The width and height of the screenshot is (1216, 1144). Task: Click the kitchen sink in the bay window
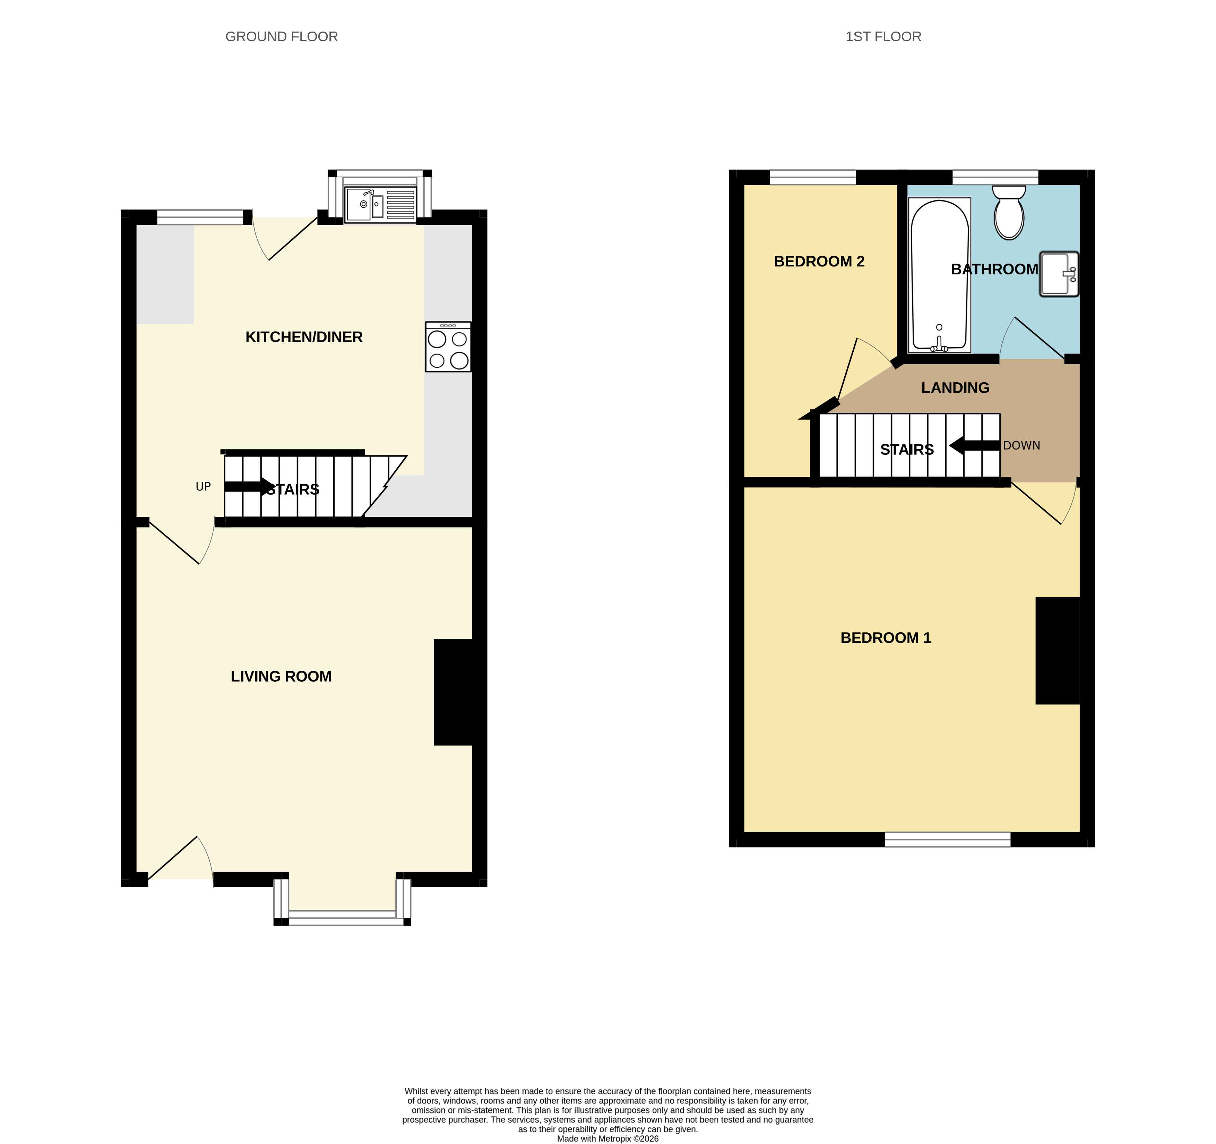[380, 204]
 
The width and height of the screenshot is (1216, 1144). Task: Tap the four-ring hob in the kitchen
[448, 347]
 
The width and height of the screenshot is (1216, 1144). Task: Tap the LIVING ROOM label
[281, 677]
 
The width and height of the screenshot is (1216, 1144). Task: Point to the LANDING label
[956, 388]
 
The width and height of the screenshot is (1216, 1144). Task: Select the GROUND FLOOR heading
[282, 37]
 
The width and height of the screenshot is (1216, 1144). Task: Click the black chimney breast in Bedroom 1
[1058, 651]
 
